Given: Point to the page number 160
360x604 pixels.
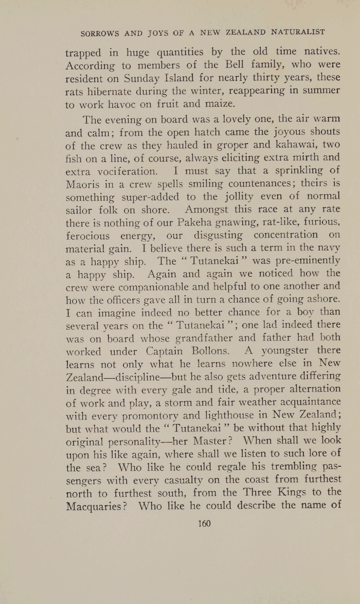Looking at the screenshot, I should click(x=204, y=524).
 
